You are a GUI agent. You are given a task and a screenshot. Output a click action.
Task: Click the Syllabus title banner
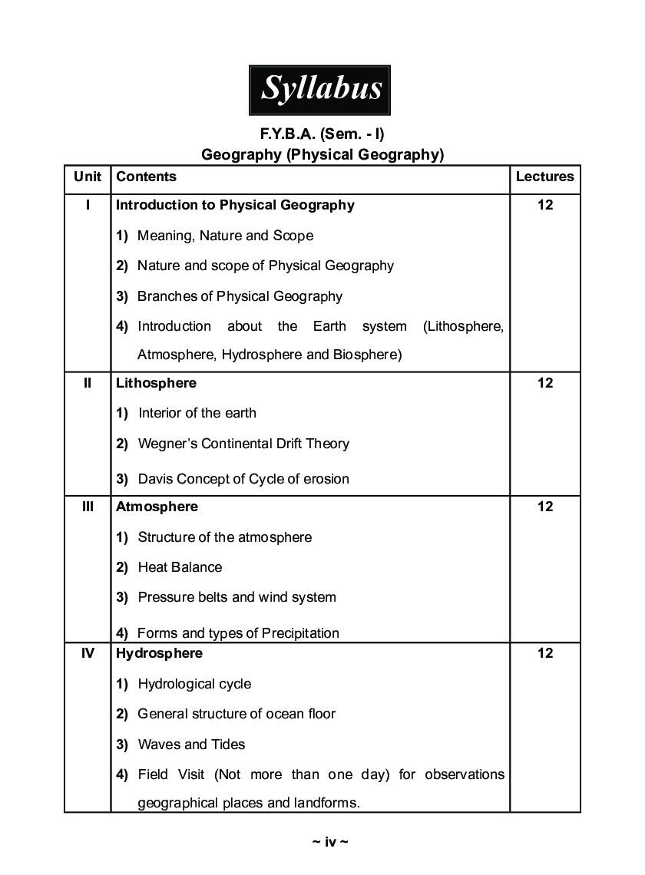coord(320,89)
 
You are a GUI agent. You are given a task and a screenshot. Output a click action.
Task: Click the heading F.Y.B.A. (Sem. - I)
coord(322,134)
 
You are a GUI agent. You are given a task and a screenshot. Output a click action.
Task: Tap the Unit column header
coord(88,177)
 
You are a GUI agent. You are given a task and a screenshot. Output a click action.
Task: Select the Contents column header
coord(146,177)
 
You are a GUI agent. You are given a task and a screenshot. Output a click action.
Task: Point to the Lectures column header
coord(544,177)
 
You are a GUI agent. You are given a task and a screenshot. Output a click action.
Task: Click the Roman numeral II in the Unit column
coord(88,383)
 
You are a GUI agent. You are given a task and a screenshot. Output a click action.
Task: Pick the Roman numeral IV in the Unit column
coord(88,653)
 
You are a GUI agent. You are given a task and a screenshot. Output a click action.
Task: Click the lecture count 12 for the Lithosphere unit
coord(544,383)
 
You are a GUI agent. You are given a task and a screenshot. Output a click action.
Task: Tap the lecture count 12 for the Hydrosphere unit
coord(544,653)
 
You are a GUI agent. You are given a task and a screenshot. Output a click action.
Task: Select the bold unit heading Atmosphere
coord(157,507)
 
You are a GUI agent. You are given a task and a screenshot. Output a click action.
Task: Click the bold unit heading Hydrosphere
coord(159,653)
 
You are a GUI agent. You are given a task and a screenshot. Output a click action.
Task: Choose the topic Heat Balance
coord(180,567)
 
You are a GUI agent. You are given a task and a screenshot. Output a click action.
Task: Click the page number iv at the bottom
coord(330,842)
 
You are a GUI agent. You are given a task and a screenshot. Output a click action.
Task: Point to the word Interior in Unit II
coord(159,413)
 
